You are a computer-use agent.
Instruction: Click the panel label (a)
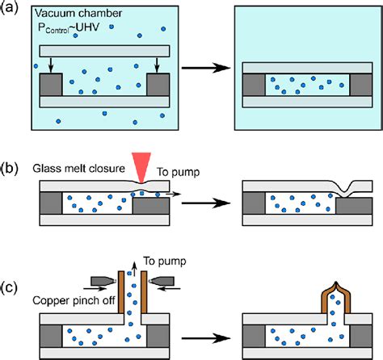tap(9, 8)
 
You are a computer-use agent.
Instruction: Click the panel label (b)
tap(9, 169)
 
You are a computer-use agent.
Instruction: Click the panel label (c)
tap(9, 287)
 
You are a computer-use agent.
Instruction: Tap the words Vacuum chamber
tap(78, 13)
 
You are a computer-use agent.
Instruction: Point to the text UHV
tap(87, 27)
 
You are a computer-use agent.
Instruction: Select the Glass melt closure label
tap(78, 169)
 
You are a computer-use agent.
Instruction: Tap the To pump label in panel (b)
tap(179, 172)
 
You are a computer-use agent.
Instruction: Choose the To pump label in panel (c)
tap(165, 261)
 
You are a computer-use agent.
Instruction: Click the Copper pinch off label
tap(74, 300)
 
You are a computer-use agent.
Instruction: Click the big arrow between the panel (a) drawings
tap(206, 68)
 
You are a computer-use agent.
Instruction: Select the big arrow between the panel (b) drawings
tap(206, 203)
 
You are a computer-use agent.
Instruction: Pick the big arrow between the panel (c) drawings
tap(206, 338)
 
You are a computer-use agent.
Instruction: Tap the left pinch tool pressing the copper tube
tap(104, 281)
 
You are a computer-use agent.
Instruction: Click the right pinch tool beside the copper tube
tap(161, 281)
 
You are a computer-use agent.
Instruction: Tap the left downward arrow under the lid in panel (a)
tap(51, 65)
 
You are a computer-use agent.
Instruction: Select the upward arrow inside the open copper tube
tap(135, 269)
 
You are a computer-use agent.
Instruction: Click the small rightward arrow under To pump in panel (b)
tap(173, 194)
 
